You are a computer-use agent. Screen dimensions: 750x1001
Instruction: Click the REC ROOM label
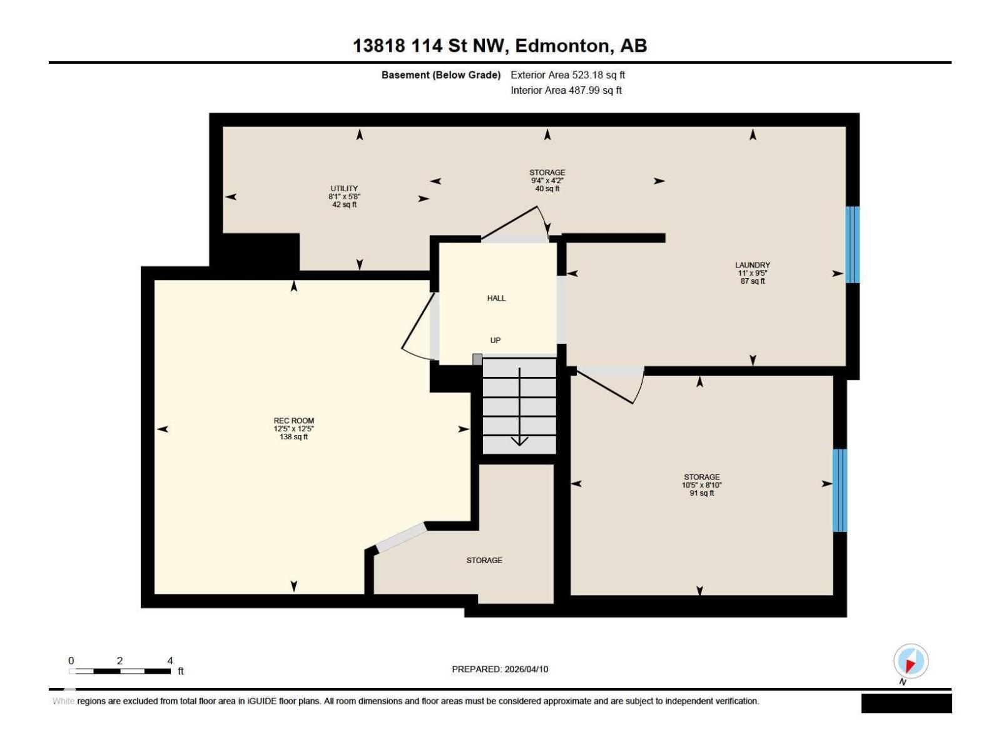[x=293, y=421]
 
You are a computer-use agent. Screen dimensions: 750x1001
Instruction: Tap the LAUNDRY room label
[x=752, y=265]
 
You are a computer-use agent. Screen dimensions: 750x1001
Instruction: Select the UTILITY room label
[x=344, y=188]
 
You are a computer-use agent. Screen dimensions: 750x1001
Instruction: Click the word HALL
[x=496, y=298]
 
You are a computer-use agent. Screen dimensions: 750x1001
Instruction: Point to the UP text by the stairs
[x=495, y=341]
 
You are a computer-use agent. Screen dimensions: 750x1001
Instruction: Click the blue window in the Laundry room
[x=852, y=244]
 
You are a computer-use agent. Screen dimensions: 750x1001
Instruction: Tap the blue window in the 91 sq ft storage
[x=840, y=490]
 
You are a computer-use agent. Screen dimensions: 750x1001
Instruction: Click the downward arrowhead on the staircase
[x=519, y=441]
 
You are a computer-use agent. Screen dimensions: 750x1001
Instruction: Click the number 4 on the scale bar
[x=170, y=661]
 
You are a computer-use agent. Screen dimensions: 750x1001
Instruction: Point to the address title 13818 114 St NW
[x=500, y=46]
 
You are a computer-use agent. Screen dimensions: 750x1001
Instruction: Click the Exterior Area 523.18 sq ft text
[x=567, y=75]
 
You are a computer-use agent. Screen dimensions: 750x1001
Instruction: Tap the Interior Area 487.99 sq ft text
[x=566, y=90]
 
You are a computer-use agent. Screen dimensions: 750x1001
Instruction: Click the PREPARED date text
[x=500, y=669]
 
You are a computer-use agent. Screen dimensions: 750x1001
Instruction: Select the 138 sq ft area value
[x=293, y=437]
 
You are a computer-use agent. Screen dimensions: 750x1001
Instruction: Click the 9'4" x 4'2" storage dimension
[x=547, y=181]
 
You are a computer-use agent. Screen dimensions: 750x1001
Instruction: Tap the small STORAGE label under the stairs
[x=484, y=560]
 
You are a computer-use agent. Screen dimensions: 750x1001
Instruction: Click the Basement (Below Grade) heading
[x=441, y=75]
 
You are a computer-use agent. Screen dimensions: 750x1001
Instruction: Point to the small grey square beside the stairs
[x=477, y=359]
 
